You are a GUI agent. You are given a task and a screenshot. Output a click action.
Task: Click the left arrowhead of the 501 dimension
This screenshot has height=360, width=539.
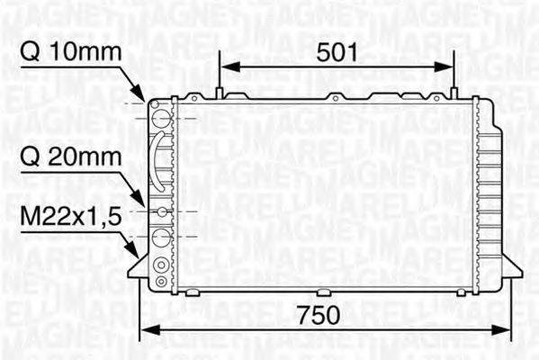coord(228,65)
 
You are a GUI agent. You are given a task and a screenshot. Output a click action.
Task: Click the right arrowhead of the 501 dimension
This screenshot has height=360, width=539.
coord(446,65)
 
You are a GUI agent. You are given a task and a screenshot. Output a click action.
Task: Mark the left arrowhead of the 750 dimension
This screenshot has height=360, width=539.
coord(145,328)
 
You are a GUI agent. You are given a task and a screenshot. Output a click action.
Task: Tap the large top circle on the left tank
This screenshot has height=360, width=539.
coord(161,117)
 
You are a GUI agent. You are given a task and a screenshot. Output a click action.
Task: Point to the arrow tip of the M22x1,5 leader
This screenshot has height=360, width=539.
coord(139,253)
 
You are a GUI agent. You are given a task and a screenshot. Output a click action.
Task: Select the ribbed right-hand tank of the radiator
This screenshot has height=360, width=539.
coord(490,193)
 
